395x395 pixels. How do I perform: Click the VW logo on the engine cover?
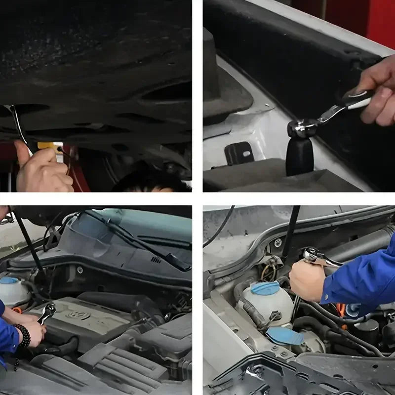coord(78,315)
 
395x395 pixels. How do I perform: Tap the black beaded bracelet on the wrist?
coord(23,336)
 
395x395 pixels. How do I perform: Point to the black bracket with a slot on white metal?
coord(239,153)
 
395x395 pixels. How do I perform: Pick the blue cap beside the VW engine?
coord(9,280)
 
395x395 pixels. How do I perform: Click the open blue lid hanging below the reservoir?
coord(285,336)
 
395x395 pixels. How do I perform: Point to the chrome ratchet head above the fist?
coord(314,255)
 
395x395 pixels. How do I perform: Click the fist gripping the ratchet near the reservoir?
coord(307,280)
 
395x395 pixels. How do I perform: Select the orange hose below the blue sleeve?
coord(341,311)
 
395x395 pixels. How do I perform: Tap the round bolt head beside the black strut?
coord(278,242)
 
